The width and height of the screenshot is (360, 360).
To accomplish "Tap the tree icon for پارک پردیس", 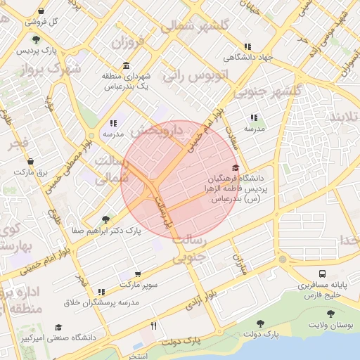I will pos(37,40).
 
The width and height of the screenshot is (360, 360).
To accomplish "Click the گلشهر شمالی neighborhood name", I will pos(195,26).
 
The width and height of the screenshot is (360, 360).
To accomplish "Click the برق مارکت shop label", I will pos(31,171).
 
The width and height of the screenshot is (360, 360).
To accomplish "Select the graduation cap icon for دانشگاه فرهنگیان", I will pos(235,168).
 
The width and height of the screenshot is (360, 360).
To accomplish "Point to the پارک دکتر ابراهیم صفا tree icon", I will pos(106,219).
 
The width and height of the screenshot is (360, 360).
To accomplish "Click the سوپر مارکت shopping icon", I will pos(137,274).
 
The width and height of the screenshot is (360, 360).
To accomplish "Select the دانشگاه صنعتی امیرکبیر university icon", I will pos(59,327).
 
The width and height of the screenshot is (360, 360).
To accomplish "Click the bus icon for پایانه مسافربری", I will pos(322,274).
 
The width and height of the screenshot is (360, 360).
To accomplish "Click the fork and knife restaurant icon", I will pos(153,326).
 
